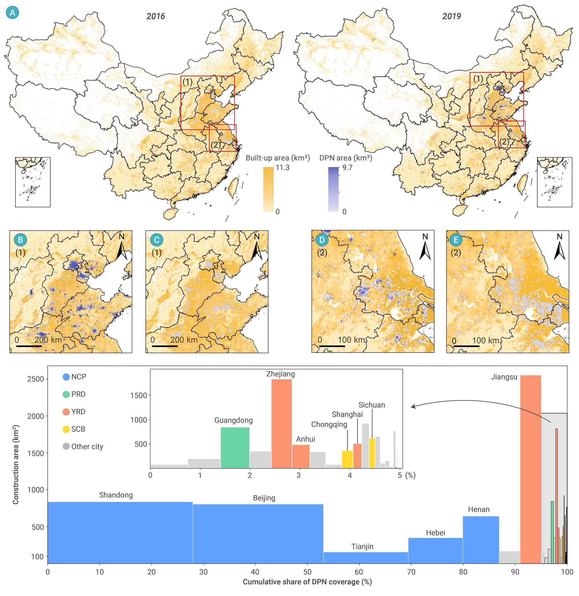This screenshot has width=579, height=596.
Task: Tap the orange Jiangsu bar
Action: coord(530,471)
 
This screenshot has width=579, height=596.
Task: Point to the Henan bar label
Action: coord(478,510)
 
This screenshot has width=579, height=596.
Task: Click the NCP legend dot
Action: coord(66,377)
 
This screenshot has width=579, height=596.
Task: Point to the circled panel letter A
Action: coord(12,13)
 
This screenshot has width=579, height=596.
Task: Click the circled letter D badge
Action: coord(322,240)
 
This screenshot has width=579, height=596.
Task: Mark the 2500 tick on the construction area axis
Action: coord(36,379)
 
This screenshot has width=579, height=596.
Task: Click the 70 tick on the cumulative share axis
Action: coord(411,572)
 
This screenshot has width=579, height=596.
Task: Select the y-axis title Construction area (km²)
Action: coord(16,464)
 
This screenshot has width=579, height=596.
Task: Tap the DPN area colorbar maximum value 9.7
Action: coord(347,168)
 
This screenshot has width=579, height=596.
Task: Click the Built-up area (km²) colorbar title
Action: coord(277,158)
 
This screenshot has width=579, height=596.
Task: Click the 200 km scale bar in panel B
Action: coord(29,346)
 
